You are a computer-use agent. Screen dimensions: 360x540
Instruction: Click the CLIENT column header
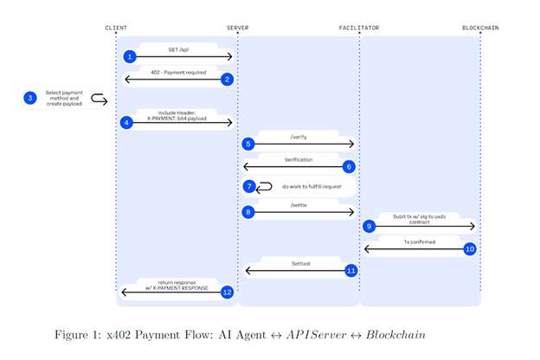click(116, 28)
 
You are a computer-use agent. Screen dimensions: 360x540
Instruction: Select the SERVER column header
click(237, 28)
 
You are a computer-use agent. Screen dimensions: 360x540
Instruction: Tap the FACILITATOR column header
click(358, 28)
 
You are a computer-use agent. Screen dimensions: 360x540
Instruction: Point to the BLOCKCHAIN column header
click(480, 28)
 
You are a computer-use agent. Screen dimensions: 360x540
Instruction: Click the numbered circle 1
click(130, 56)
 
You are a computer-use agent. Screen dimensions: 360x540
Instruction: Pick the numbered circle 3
click(30, 99)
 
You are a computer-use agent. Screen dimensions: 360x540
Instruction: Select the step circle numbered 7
click(248, 186)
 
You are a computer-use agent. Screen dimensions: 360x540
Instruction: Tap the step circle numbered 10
click(470, 248)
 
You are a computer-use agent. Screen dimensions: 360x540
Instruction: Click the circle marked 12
click(228, 292)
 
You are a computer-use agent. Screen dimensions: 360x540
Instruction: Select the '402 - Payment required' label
click(178, 73)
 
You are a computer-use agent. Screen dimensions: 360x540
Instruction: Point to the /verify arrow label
click(299, 136)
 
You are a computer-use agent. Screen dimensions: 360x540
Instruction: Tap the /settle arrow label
click(299, 204)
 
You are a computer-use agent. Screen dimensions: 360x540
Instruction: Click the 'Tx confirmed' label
click(419, 241)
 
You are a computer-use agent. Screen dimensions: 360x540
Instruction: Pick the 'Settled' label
click(299, 263)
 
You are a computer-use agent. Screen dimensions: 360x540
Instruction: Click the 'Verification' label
click(299, 159)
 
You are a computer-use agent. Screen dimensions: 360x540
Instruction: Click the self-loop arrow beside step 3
click(99, 100)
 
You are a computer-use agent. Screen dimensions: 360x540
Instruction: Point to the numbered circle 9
click(370, 226)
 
